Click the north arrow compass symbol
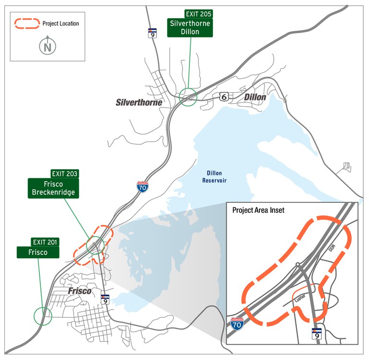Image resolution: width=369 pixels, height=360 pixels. pos(47,46)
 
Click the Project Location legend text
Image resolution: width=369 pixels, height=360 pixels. pos(61,23)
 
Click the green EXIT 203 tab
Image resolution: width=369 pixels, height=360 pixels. pos(65,174)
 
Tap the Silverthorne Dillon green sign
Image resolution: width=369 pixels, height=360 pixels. pos(190,28)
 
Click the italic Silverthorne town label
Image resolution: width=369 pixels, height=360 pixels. pos(139,102)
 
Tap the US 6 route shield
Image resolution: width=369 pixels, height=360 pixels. pos(223,97)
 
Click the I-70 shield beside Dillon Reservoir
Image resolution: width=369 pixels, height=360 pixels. pos(142,186)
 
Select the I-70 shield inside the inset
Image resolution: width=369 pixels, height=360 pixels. pos(237,324)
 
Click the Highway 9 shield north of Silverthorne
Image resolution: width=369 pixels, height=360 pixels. pos(152,33)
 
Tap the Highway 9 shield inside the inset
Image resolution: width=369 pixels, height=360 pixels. pos(316,334)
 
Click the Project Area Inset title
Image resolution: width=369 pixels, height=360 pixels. pos(258,211)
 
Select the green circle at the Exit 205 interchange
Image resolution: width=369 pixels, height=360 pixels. pos(188,97)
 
